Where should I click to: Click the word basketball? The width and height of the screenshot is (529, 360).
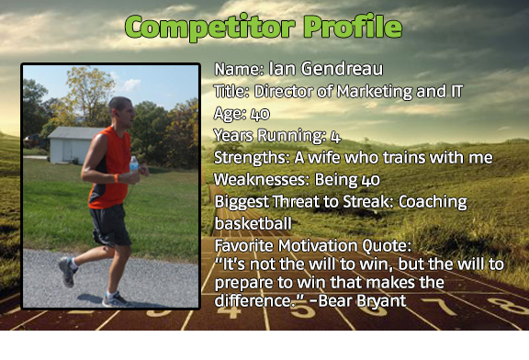tap(254, 223)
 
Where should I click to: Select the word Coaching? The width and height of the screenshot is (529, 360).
tap(430, 201)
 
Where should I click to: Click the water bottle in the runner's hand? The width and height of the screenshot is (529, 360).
tap(134, 166)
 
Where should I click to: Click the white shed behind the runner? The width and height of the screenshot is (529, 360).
tap(73, 144)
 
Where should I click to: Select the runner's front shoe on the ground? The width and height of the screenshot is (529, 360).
tap(116, 298)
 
